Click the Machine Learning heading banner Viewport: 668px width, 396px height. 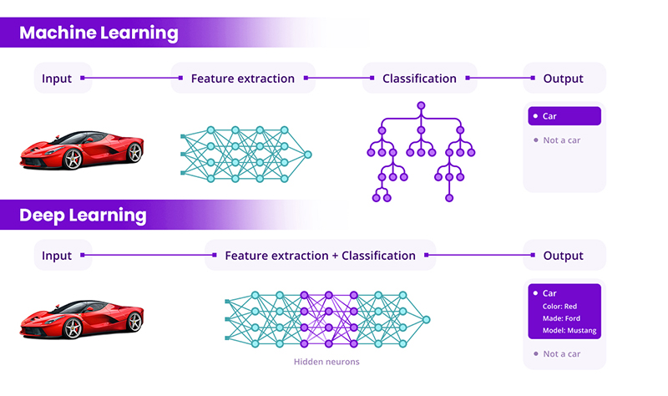click(99, 33)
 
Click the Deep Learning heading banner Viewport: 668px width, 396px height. click(83, 216)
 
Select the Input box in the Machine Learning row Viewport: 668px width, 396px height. click(58, 79)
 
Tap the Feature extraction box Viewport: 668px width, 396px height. click(242, 79)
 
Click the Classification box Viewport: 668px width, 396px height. click(419, 79)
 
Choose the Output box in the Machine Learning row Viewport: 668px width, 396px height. click(563, 79)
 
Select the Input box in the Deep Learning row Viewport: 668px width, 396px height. click(58, 256)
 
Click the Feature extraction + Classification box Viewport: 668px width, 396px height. click(320, 256)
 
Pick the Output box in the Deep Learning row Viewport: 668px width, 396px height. click(563, 256)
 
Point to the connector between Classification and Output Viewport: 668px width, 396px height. click(499, 79)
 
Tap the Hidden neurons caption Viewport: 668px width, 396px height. click(326, 362)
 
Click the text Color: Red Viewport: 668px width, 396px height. click(560, 306)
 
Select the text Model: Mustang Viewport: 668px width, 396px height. click(571, 331)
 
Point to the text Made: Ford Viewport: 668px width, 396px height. click(561, 318)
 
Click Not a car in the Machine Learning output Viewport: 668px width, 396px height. click(561, 140)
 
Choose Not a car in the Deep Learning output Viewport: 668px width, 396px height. click(561, 354)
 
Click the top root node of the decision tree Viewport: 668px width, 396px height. click(421, 106)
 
